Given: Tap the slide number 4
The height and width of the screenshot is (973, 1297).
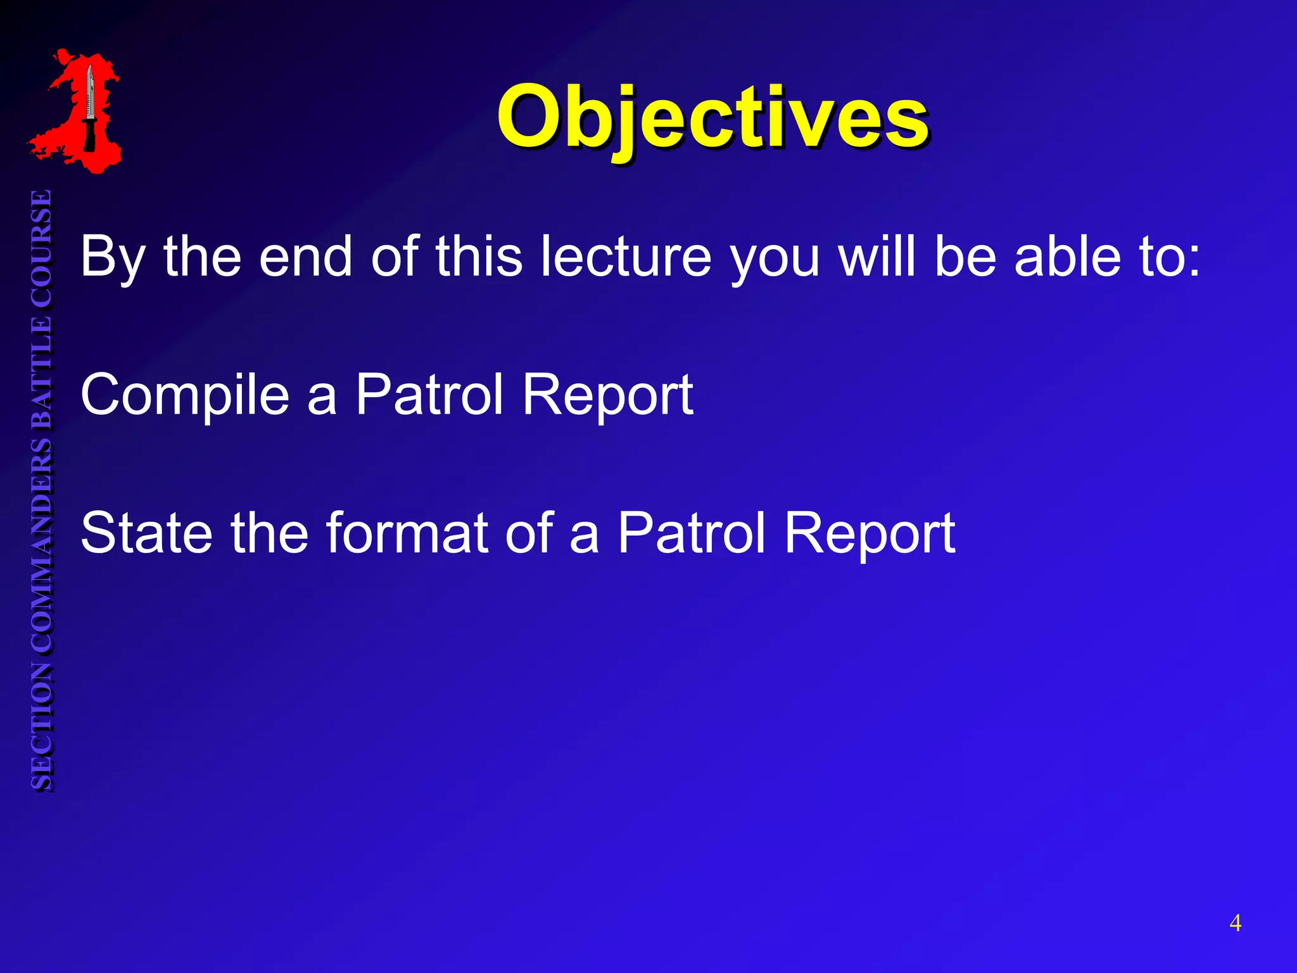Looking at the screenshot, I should click(1235, 923).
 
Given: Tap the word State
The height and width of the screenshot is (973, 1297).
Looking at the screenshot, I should click(146, 533).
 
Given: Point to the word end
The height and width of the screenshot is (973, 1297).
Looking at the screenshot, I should click(305, 257).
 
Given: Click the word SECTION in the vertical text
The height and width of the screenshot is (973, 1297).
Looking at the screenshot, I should click(42, 725).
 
